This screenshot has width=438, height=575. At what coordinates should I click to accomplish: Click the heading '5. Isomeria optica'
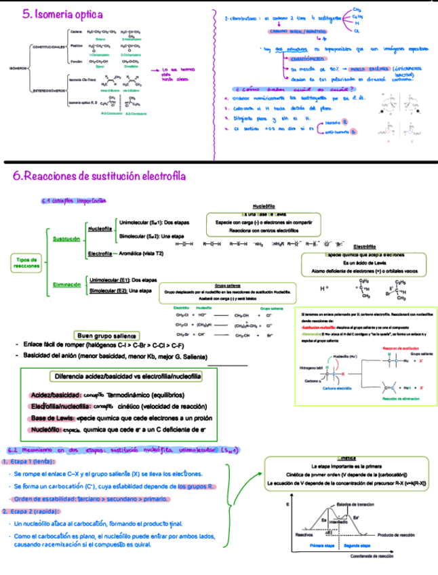pos(62,14)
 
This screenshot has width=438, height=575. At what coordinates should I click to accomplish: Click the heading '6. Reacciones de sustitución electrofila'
pos(99,176)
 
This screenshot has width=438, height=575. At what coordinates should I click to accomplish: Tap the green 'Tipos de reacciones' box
pos(26,263)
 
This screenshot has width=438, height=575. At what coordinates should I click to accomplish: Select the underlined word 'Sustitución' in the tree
pos(66,239)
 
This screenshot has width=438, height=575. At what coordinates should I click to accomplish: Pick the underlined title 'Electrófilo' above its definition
pos(365,247)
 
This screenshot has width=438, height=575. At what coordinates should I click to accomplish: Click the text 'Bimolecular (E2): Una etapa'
pos(120,291)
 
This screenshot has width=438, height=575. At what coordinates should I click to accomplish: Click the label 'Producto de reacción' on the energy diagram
pos(396,534)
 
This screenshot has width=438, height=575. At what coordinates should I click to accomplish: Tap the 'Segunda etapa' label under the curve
pos(356,544)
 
